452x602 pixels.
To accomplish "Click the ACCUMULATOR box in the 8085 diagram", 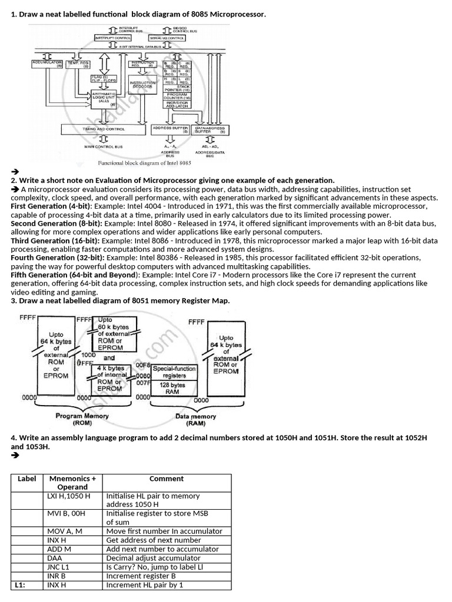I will pos(48,63).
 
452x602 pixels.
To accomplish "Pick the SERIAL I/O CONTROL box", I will pos(167,38).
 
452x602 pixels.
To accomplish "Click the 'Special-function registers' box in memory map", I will pos(174,372).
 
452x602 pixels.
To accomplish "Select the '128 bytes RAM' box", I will pos(174,389).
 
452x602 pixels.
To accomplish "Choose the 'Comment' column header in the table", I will pos(167,479).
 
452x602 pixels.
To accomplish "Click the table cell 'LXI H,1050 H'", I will pos(69,496).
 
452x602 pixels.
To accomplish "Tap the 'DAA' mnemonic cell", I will pos(54,558).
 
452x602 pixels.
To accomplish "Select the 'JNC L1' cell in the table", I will pos(59,567).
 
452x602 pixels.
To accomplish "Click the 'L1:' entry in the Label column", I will pos(20,585).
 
